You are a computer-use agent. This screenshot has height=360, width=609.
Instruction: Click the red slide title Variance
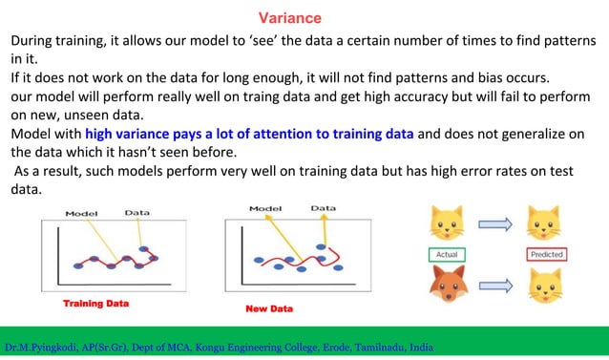[x=290, y=18]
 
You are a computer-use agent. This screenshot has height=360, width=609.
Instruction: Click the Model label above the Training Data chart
[x=81, y=213]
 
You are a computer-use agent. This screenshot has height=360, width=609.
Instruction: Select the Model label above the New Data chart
[x=265, y=207]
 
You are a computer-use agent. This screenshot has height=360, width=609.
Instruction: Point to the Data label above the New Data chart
[x=323, y=207]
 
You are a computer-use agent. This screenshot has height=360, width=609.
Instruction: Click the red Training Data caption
[x=95, y=304]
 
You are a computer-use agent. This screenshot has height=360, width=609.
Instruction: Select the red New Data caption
[x=269, y=309]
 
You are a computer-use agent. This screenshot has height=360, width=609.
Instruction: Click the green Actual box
[x=445, y=255]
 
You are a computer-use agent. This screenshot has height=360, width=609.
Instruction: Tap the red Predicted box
[x=545, y=255]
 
